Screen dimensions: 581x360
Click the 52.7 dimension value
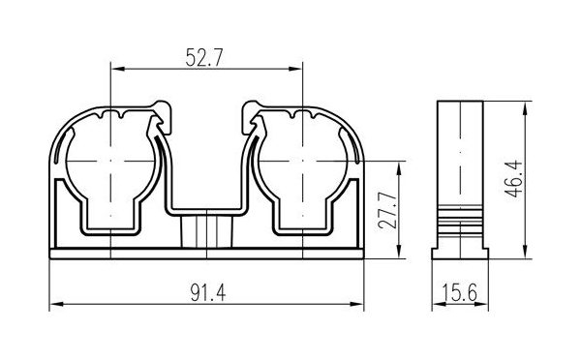point(204,57)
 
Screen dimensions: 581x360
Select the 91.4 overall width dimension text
point(208,292)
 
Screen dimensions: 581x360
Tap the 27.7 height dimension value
point(388,210)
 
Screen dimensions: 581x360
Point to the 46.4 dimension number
point(513,179)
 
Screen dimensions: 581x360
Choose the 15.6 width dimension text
point(459,292)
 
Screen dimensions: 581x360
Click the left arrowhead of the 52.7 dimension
point(118,69)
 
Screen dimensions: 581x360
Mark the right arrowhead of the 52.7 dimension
point(295,69)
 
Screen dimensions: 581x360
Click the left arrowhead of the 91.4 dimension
point(57,304)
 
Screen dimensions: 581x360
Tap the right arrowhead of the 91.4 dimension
point(356,304)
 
